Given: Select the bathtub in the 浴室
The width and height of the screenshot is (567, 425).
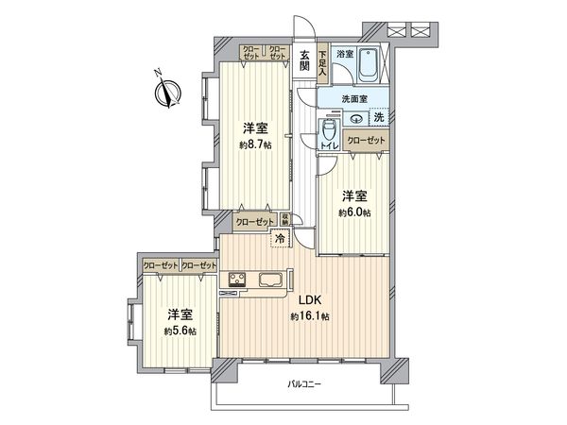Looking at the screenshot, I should tap(369, 64).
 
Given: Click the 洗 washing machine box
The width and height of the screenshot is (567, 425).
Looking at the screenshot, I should tap(377, 117).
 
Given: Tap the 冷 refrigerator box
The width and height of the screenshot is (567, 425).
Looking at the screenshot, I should tap(280, 239).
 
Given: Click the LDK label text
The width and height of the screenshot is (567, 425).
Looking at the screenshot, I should tap(312, 301).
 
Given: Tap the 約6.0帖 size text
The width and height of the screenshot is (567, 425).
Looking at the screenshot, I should tap(356, 212).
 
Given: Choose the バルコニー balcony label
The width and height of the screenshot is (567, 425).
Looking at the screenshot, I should tap(305, 384).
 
